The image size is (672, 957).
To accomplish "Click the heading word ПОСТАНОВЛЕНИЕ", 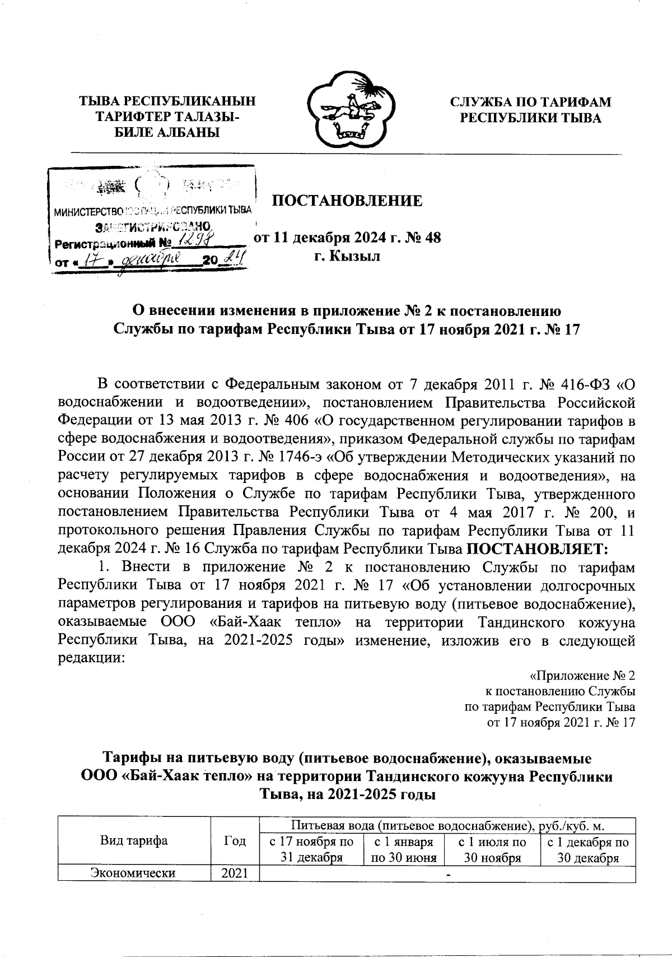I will (347, 201).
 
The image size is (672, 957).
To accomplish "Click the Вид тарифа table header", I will (133, 840).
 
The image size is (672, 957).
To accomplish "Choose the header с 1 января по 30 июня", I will (403, 849).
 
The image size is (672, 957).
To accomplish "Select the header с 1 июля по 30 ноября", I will (491, 849).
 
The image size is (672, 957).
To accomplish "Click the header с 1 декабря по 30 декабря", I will (587, 849).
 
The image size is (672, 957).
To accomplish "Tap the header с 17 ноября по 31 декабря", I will (311, 849).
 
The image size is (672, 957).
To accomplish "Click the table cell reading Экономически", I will (133, 873).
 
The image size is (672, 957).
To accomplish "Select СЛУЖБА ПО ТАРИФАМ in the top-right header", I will (531, 102).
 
